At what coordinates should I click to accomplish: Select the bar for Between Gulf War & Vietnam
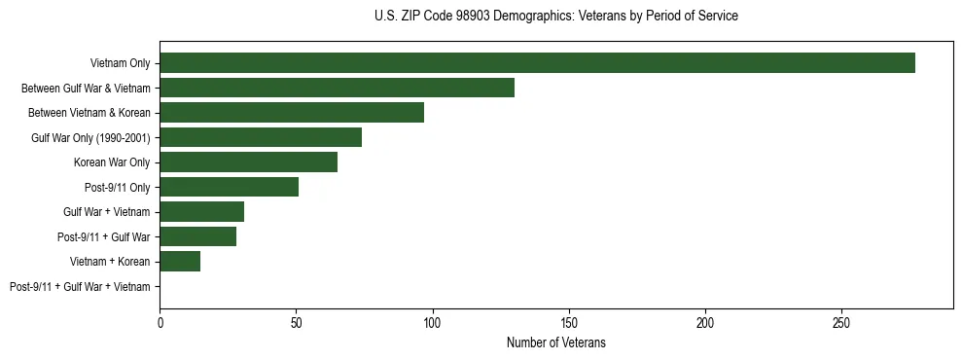coord(337,88)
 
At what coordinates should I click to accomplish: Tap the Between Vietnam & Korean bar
coord(292,113)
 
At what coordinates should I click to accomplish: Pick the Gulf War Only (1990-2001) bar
coord(261,137)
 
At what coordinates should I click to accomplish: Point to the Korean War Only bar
coord(248,162)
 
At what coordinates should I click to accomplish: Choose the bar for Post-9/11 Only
coord(229,187)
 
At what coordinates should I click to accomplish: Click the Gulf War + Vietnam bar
coord(201,212)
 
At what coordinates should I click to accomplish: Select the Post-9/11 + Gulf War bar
coord(197,236)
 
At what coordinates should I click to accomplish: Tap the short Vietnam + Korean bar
coord(180,262)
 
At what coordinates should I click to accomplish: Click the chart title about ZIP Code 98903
coord(555,17)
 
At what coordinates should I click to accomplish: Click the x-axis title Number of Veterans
coord(555,342)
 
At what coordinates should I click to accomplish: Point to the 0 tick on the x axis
coord(160,321)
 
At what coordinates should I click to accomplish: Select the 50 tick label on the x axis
coord(296,321)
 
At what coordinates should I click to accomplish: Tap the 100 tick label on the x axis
coord(433,321)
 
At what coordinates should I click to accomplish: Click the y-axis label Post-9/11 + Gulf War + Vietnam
coord(80,287)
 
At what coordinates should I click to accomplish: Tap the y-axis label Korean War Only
coord(112,162)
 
